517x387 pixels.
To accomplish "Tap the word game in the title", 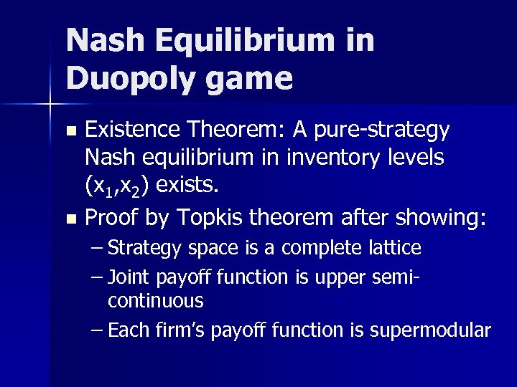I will pyautogui.click(x=250, y=77).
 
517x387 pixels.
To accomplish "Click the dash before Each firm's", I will pyautogui.click(x=98, y=330).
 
